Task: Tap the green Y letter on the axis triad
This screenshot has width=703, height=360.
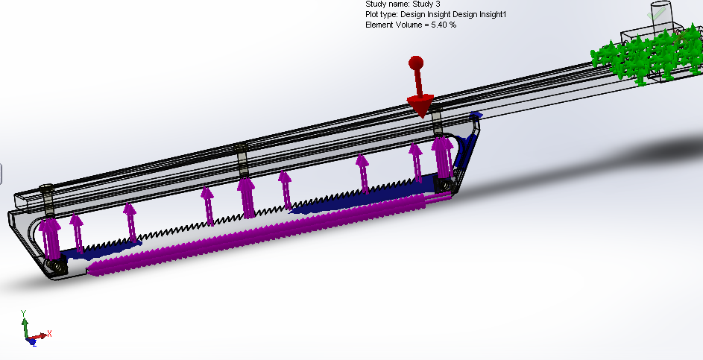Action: coord(24,313)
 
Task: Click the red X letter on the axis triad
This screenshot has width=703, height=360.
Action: coord(49,333)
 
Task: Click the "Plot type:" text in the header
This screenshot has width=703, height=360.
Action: coord(382,14)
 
